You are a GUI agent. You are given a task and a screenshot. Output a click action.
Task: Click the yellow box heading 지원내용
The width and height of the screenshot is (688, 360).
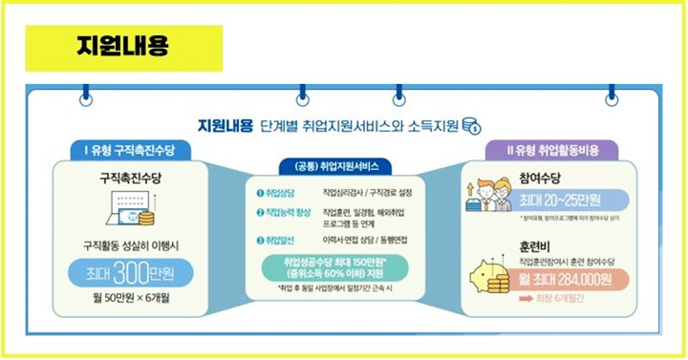[x=123, y=47]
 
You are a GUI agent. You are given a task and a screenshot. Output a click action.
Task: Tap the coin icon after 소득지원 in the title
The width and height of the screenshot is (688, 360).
[x=484, y=125]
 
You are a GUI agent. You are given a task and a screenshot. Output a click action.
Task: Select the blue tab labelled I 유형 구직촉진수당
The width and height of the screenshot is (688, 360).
[x=129, y=150]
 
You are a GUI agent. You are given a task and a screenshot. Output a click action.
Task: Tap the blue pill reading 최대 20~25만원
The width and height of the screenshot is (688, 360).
[x=570, y=200]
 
